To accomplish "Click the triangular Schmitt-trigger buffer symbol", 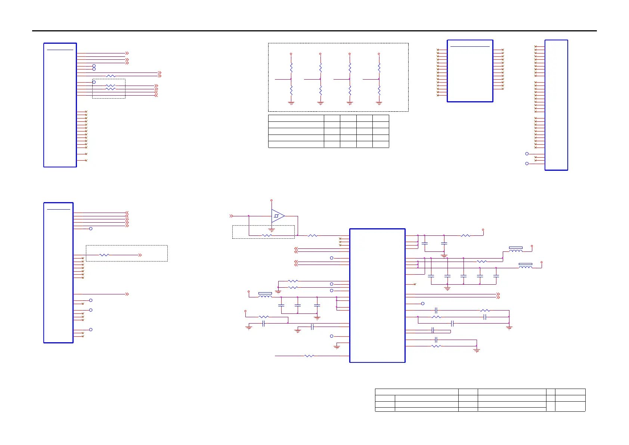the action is point(278,216).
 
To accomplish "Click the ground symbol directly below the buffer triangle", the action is point(272,230).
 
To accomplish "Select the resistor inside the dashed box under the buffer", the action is point(267,235).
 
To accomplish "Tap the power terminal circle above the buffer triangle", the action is point(272,201).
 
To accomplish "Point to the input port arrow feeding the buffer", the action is point(231,216).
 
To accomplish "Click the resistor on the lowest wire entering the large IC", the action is point(309,356).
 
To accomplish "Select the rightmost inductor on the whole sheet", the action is point(526,266).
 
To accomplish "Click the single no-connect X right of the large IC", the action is point(415,284).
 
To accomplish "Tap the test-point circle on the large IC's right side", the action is point(423,304).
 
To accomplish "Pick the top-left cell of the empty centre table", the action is point(296,118).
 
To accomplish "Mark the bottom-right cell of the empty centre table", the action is point(381,144).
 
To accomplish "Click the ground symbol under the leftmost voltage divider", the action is point(291,103).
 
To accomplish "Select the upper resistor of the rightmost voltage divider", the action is point(379,68).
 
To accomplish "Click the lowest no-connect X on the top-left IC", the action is point(86,160).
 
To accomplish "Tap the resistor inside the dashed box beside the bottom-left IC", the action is point(104,255).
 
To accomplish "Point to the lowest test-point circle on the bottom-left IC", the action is point(91,330).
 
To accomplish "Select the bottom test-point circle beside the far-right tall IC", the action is point(527,164).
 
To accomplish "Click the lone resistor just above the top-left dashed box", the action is point(111,76).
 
